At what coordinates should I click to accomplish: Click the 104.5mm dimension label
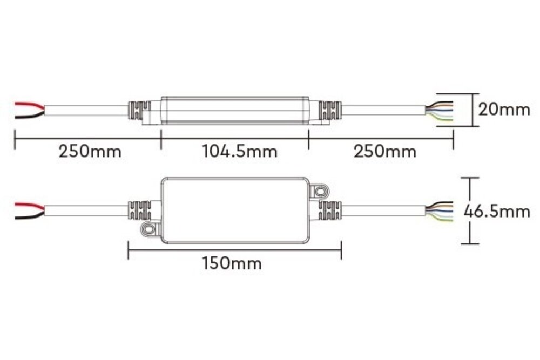[239, 151]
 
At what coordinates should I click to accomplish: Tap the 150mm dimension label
[232, 263]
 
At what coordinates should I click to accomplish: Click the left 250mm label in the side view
[90, 151]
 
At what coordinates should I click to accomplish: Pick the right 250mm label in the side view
[385, 151]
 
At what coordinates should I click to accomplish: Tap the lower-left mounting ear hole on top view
[147, 229]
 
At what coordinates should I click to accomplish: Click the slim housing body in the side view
[235, 109]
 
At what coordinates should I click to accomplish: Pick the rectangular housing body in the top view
[235, 210]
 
